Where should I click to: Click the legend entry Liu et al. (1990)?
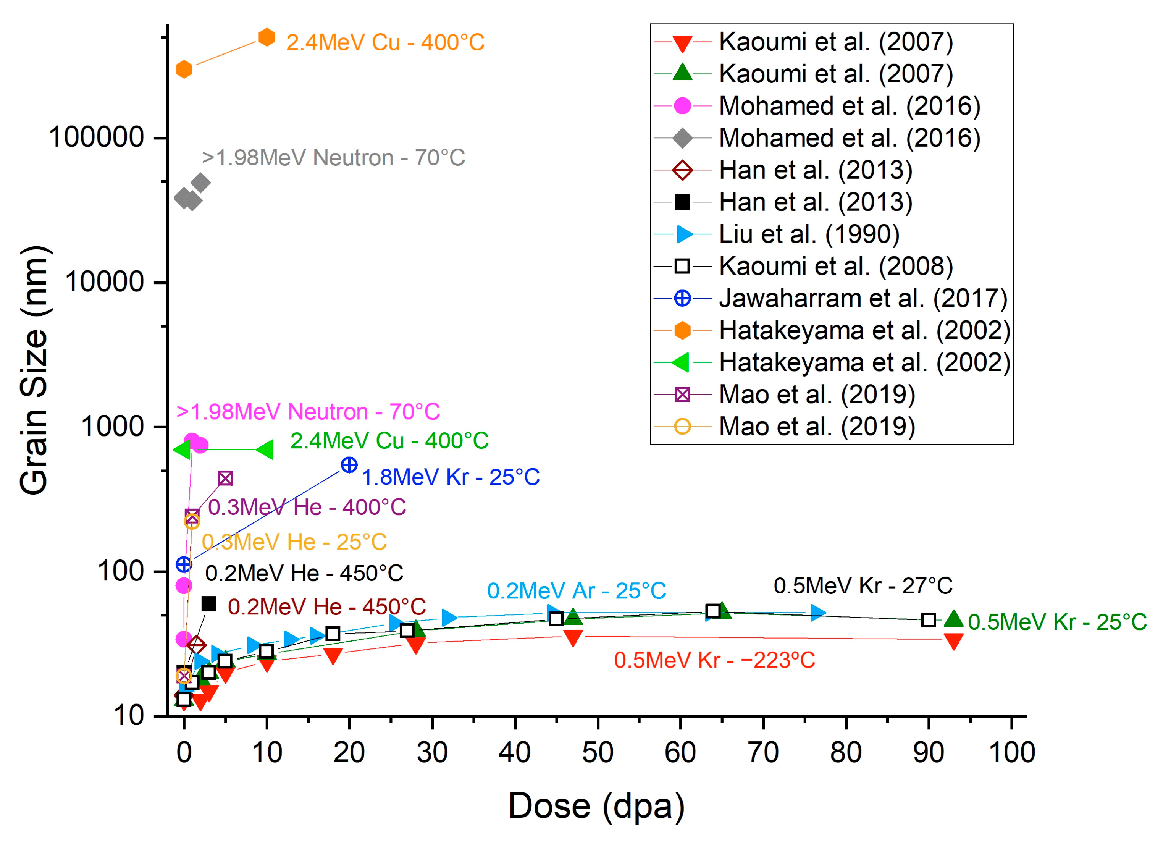click(x=809, y=234)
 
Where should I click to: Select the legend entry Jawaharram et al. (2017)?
click(x=863, y=298)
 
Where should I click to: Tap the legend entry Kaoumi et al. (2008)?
click(x=835, y=266)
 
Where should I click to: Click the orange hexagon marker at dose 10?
click(x=267, y=37)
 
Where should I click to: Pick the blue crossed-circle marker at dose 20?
click(x=349, y=465)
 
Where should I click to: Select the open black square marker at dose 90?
click(x=928, y=619)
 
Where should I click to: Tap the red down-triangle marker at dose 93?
click(x=953, y=640)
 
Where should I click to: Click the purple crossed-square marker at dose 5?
click(x=225, y=479)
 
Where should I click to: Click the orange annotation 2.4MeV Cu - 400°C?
click(x=385, y=42)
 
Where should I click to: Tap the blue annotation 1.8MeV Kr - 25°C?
click(x=451, y=477)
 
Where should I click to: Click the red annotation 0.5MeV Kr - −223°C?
click(x=714, y=660)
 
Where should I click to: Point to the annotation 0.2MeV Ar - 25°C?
click(x=577, y=591)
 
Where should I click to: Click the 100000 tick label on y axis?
click(x=96, y=137)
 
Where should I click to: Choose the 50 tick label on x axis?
click(x=598, y=753)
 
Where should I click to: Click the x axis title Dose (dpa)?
click(x=596, y=806)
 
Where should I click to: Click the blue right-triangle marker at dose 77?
click(x=817, y=612)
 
